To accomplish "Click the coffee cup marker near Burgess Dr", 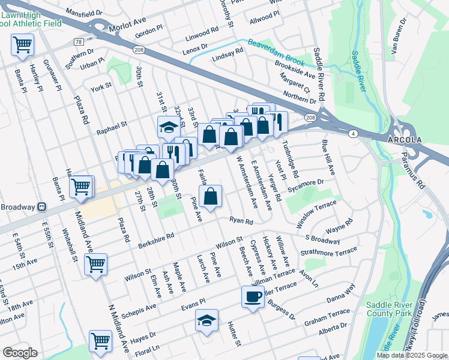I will [253, 296].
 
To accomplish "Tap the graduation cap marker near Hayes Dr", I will [206, 320].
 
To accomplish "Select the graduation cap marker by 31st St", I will [169, 127].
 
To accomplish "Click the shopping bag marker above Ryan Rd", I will [211, 196].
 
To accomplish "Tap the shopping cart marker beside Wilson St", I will [95, 264].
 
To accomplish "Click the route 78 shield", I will [79, 42].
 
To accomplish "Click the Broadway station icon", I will [42, 207].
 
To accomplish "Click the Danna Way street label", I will [341, 296].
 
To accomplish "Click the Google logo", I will [20, 353].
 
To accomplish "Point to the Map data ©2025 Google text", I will [411, 355].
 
